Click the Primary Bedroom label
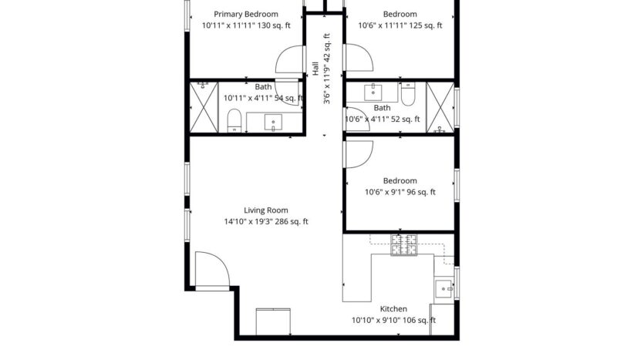[246, 14]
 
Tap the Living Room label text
[265, 210]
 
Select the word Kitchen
[393, 308]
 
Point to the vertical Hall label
[315, 69]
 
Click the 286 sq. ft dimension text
[265, 222]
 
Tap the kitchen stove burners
[403, 245]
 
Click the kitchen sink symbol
[445, 288]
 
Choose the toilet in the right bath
[408, 94]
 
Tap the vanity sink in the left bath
[275, 122]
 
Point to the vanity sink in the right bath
[374, 92]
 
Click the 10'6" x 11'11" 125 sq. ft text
[400, 25]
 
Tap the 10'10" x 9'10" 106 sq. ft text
[393, 320]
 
